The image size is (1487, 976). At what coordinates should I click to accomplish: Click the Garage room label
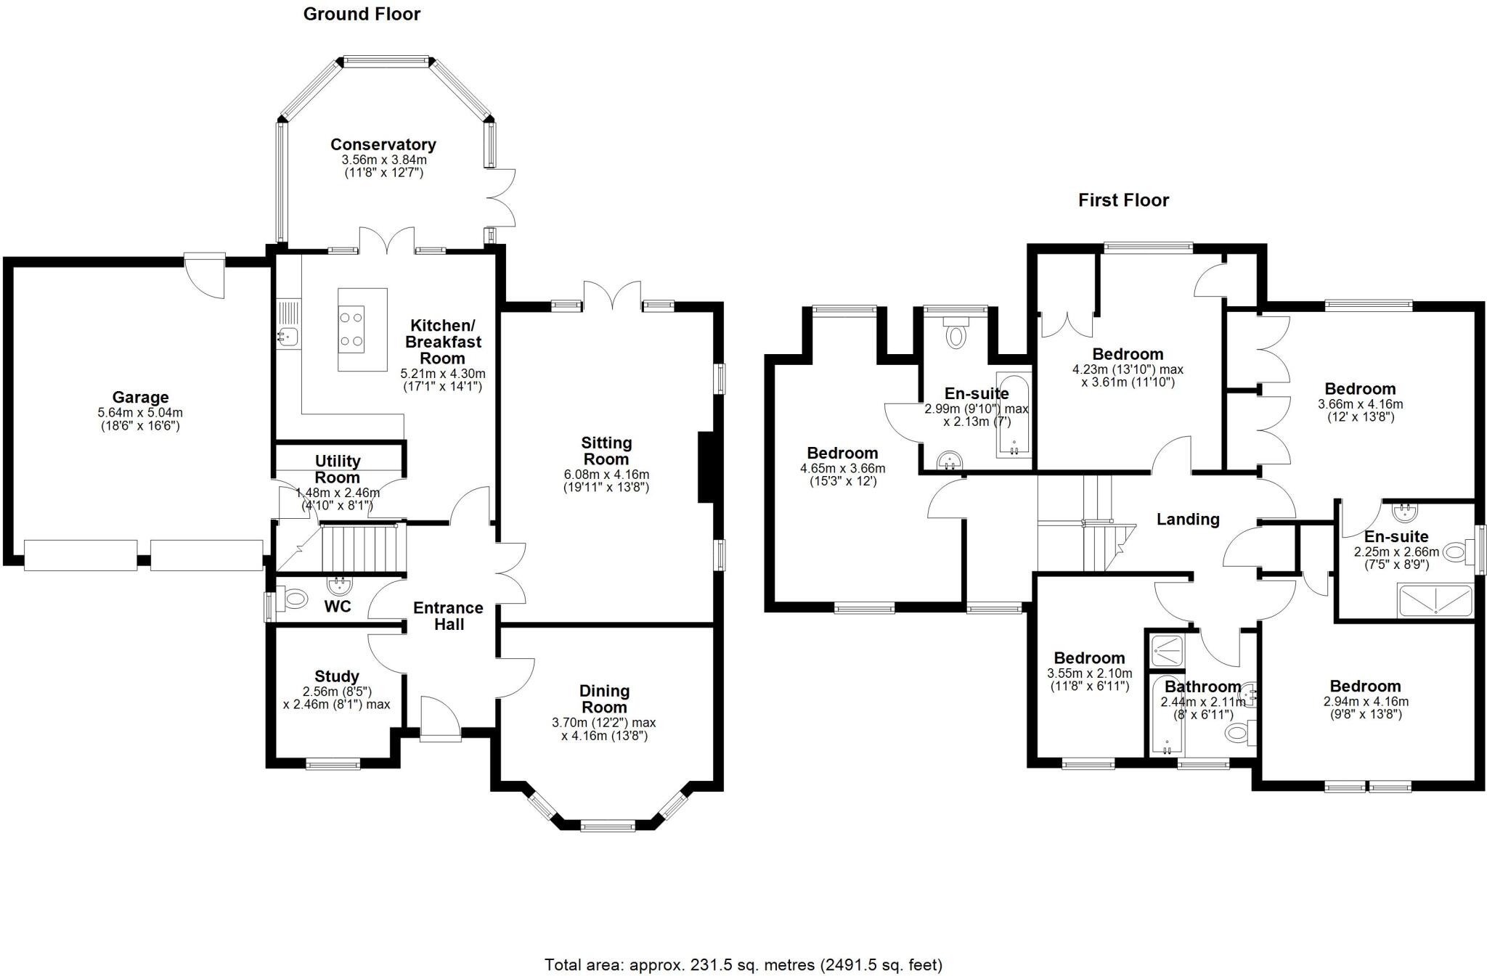coord(140,397)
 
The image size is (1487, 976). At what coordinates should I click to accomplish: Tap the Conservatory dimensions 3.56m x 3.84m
coord(383,160)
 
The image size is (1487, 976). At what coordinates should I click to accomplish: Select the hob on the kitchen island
coord(352,329)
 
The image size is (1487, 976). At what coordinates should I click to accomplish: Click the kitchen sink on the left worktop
coord(288,336)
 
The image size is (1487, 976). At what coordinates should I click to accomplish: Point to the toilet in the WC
coord(294,599)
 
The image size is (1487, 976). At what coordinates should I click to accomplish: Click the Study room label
coord(336,676)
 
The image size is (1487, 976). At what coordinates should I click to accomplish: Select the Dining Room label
coord(604,699)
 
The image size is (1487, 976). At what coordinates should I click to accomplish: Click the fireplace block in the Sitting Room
coord(706,467)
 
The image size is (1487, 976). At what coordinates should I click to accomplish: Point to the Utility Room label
coord(338,469)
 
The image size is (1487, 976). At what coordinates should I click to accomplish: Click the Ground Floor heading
coord(362,14)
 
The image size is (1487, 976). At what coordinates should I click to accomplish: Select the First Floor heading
coord(1123,200)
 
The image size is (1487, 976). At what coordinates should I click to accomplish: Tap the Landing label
coord(1188,519)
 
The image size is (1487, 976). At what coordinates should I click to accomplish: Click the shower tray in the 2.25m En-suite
coord(1435,601)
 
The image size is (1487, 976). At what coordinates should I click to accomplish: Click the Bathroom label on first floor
coord(1203,686)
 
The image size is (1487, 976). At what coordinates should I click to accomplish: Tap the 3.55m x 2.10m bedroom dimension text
coord(1089,673)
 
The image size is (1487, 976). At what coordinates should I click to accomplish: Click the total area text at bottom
coord(743,964)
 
